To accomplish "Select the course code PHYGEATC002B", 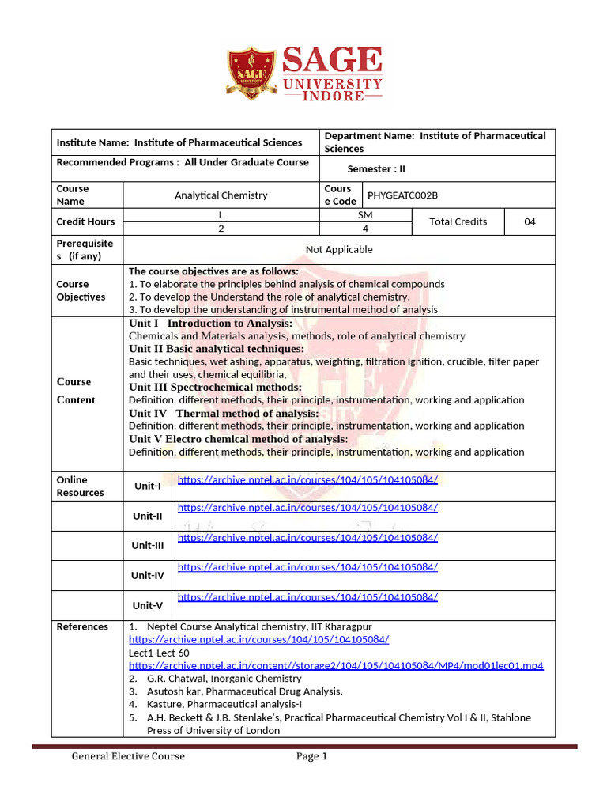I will coord(402,195).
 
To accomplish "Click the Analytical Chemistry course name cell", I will coord(221,195).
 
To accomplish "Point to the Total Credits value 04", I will coord(530,221).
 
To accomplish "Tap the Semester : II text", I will coord(376,168).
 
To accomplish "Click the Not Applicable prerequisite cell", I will coord(339,249).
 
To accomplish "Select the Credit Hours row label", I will coord(85,221).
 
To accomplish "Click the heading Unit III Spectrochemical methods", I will coord(215,387).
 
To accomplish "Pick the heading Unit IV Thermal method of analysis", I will coord(224,413).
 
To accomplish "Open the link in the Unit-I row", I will coord(307,479).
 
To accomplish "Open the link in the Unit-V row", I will coord(307,597).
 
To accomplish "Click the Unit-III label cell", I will coord(148,545).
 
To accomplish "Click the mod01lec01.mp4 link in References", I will coord(336,665).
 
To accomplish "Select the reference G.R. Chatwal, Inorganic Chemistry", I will coord(224,678).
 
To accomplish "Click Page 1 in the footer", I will coord(311,756).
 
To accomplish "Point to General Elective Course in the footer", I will coord(128,756).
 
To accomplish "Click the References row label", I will coord(83,626).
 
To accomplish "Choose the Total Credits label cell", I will coord(458,221).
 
